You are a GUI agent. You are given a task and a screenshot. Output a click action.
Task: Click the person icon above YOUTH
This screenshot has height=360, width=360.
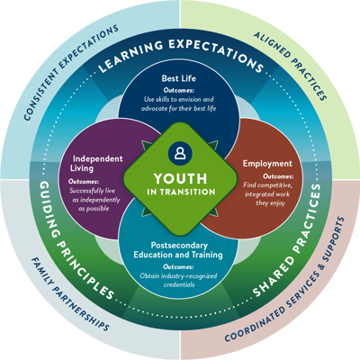(x=180, y=152)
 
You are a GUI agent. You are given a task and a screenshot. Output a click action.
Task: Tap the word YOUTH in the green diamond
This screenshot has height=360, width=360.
(x=180, y=179)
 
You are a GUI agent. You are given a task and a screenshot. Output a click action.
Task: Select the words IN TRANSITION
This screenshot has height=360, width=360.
(x=181, y=192)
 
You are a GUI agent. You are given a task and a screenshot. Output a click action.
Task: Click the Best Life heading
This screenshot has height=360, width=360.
(x=179, y=78)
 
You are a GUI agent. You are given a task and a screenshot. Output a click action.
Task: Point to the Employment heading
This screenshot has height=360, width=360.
(x=267, y=164)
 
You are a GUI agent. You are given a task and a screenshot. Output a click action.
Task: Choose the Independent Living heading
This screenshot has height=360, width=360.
(x=96, y=163)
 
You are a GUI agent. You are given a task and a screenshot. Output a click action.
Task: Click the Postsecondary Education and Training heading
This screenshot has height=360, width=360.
(x=178, y=250)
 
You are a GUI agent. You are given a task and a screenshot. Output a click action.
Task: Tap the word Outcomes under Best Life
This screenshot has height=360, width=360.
(x=179, y=90)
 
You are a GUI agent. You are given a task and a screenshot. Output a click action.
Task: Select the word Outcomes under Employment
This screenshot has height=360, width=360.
(x=278, y=176)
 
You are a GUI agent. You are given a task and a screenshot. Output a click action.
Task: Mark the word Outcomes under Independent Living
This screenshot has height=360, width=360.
(x=84, y=182)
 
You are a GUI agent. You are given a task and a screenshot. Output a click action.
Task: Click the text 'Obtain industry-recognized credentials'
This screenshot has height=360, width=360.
(x=178, y=280)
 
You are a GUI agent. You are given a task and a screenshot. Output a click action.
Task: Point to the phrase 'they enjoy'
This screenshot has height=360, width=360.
(x=270, y=203)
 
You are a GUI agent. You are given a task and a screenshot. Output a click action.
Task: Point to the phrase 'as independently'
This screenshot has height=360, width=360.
(x=96, y=200)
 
